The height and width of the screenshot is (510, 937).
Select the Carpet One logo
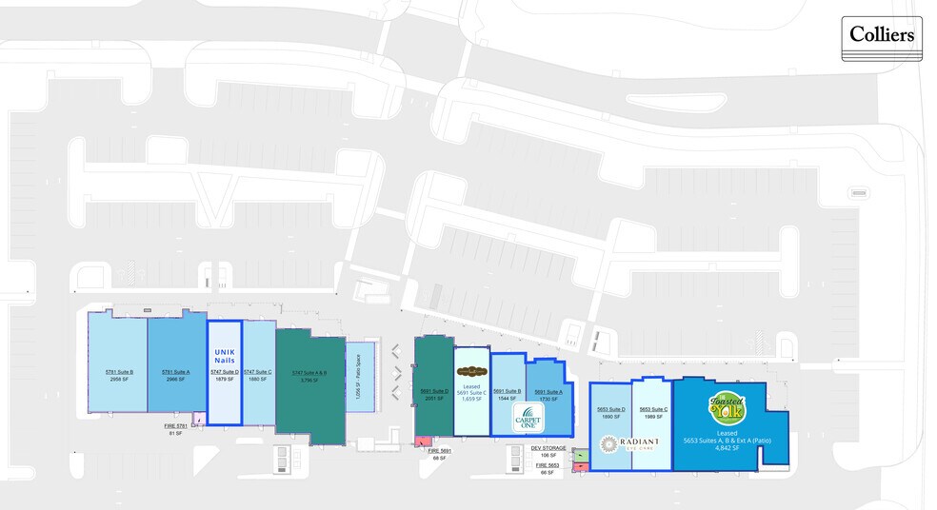click(x=528, y=418)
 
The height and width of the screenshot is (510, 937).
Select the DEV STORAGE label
click(x=548, y=447)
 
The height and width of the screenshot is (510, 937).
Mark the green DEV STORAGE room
click(x=581, y=455)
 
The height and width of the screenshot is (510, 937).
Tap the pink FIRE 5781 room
click(x=199, y=418)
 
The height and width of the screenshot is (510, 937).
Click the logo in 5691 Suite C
click(x=471, y=371)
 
